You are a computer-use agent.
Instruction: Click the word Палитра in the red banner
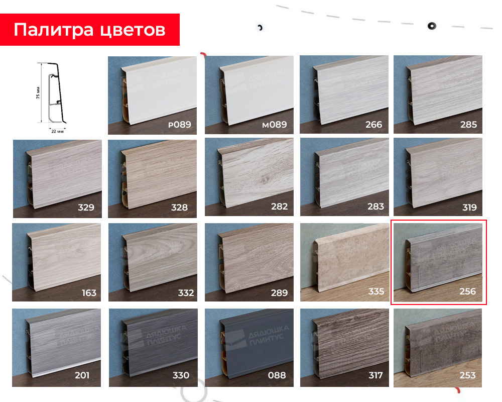pos(53,30)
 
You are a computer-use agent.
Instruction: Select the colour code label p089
pos(180,125)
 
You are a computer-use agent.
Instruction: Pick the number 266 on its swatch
pos(373,125)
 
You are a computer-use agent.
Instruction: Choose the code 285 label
pos(468,125)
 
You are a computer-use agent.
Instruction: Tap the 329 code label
pos(86,207)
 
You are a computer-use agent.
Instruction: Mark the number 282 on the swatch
pos(279,207)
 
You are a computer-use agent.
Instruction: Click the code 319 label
pos(468,207)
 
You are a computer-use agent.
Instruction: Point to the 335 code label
pos(375,291)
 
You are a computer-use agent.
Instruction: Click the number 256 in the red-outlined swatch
pos(467,291)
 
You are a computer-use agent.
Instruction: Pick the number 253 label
pos(467,375)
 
